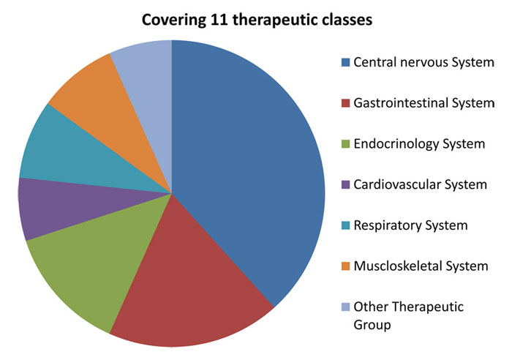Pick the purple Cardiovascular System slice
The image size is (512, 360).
(x=65, y=206)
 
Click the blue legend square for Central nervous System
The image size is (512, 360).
(x=345, y=62)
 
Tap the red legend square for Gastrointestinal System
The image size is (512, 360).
(x=345, y=103)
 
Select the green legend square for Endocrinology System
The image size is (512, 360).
(x=345, y=144)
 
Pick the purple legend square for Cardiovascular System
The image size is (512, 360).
(x=345, y=185)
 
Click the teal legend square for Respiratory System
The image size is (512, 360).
(x=345, y=225)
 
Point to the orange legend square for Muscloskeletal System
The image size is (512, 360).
(x=345, y=266)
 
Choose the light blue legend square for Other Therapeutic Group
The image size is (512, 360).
(x=345, y=307)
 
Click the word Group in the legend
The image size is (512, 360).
(x=372, y=325)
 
